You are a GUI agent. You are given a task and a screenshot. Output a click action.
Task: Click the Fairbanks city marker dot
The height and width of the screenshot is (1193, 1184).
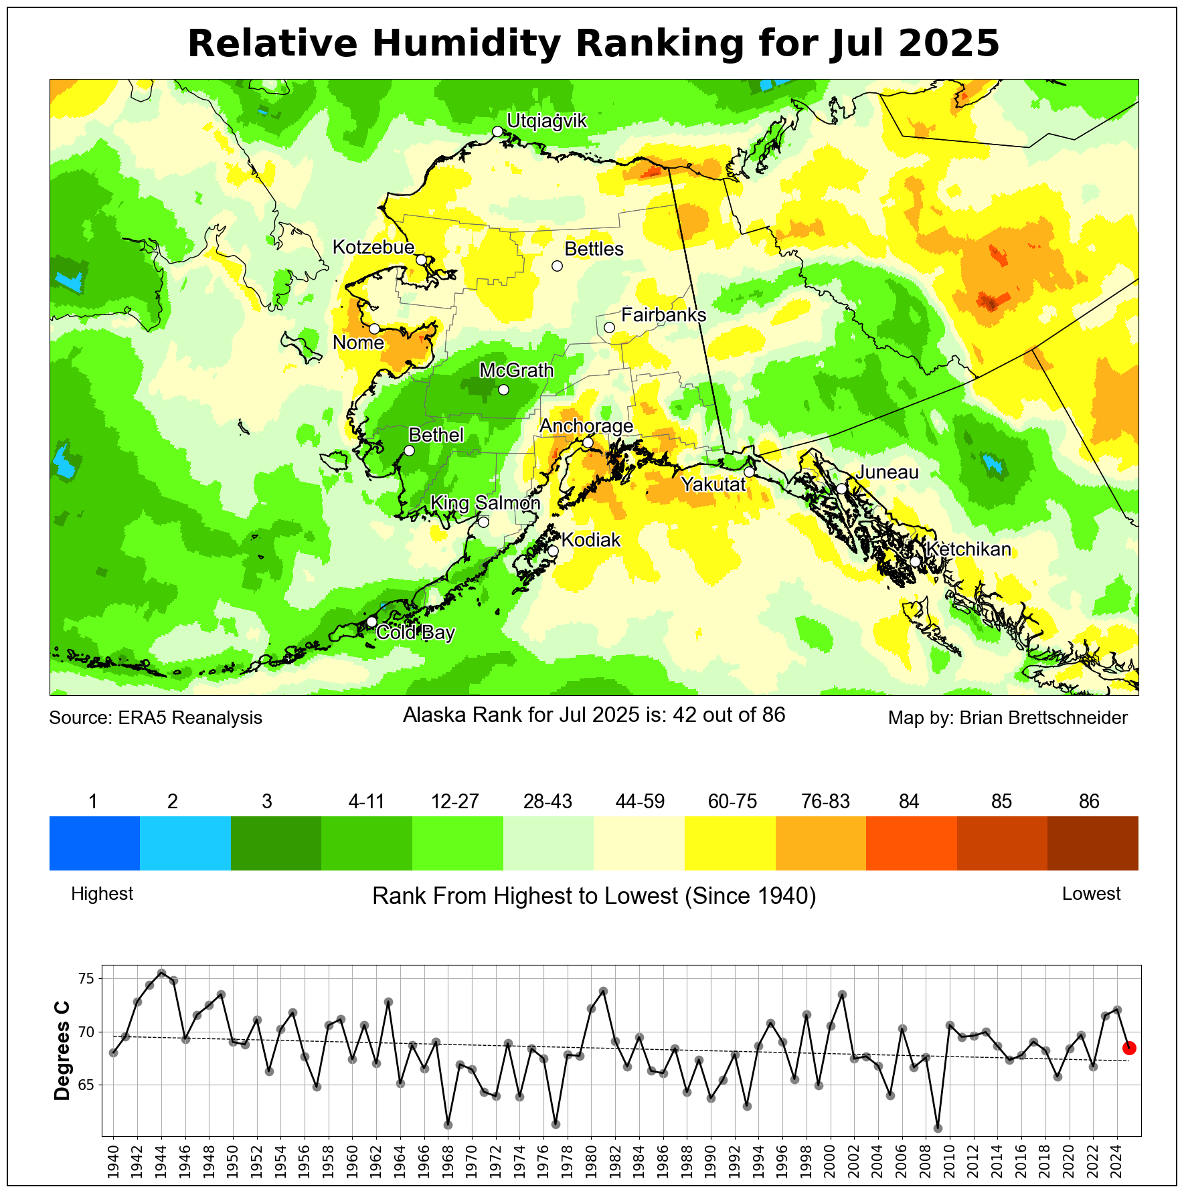point(609,327)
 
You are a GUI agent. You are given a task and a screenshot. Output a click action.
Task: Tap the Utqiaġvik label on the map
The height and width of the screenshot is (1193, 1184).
point(546,121)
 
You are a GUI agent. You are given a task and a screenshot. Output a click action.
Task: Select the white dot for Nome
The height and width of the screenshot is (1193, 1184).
point(374,329)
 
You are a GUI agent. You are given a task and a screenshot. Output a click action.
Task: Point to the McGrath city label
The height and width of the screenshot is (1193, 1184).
point(517,370)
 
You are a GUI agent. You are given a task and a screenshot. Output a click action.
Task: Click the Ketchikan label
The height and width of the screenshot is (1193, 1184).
point(968,549)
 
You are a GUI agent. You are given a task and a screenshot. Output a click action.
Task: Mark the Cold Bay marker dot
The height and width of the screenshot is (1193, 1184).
point(371,622)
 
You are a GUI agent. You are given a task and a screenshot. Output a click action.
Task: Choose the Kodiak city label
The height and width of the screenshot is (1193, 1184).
point(591,540)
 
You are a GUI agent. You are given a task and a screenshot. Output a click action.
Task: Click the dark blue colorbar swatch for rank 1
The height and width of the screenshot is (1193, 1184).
point(94,843)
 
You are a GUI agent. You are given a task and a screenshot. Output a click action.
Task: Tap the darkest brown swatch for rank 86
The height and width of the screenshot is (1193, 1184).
point(1092,843)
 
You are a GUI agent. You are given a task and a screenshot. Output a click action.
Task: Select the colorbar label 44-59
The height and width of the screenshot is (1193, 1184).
point(640,802)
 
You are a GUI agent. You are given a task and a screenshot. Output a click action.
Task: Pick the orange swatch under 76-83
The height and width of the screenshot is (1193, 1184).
point(821,843)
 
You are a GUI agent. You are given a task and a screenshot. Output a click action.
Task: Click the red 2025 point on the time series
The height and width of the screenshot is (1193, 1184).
point(1129,1047)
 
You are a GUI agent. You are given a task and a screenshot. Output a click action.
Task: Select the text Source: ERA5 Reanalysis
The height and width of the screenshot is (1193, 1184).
point(155,718)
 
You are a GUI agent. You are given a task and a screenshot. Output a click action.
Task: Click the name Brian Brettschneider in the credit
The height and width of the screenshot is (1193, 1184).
point(1043,718)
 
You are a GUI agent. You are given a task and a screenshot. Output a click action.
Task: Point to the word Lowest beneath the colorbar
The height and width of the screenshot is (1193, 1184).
point(1091,894)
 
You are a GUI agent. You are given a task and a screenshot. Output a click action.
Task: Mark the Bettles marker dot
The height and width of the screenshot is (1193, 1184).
point(557,266)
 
